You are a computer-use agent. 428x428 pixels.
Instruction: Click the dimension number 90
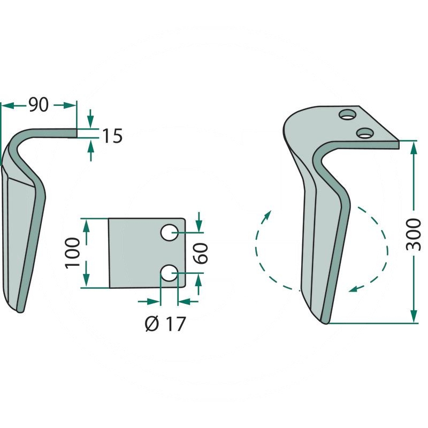click(39, 105)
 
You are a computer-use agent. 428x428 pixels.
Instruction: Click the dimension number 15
click(112, 136)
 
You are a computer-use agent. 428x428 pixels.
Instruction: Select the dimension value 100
click(73, 253)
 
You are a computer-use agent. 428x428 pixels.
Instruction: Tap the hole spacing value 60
click(202, 253)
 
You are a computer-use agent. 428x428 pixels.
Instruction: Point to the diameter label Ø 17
click(165, 324)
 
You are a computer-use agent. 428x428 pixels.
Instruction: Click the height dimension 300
click(413, 234)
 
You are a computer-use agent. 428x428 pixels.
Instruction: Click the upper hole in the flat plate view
click(170, 233)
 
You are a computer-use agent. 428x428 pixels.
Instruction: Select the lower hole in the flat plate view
click(170, 273)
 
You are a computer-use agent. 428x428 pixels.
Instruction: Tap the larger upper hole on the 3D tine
click(348, 114)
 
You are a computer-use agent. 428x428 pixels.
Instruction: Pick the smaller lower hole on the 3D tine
click(365, 133)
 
